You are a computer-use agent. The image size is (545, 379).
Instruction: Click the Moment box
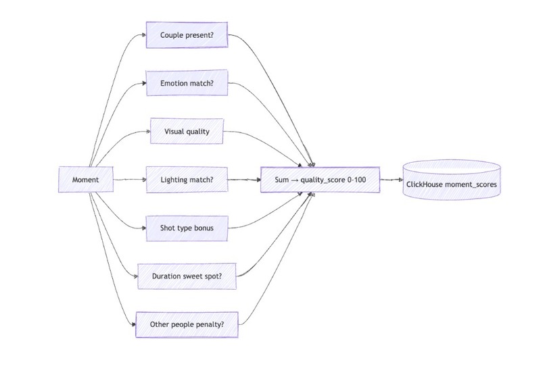tap(86, 180)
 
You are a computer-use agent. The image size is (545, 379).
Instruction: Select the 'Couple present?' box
tap(187, 35)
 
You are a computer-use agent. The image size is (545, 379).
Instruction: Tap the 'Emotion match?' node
tap(187, 83)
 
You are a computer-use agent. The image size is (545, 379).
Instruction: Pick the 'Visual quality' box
tap(187, 131)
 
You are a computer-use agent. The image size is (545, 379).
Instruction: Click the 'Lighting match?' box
tap(187, 180)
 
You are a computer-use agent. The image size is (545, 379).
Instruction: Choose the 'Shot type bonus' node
tap(187, 228)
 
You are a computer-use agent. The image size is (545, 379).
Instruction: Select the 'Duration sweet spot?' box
tap(187, 276)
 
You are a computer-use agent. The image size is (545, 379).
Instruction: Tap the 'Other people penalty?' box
tap(187, 324)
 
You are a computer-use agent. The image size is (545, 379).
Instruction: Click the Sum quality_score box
tap(320, 180)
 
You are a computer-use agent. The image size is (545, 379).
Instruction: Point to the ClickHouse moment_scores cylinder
tap(452, 180)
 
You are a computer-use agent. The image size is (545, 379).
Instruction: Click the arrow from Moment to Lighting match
tap(130, 180)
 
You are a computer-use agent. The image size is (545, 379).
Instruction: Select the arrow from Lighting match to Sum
tap(244, 180)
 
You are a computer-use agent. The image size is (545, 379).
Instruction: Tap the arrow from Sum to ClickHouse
tap(392, 180)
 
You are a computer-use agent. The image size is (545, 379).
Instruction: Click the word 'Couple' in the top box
tap(172, 35)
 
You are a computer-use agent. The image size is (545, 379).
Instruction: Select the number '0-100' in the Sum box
tap(356, 180)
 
